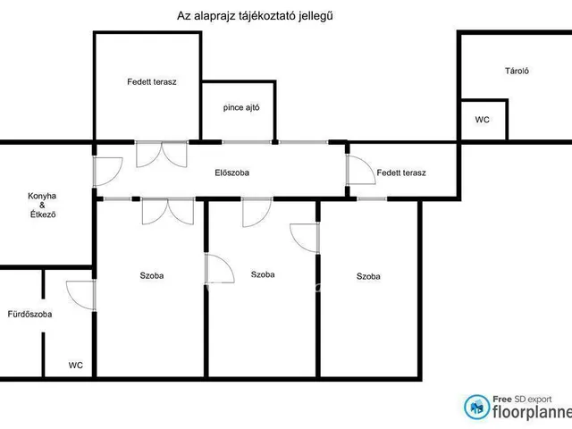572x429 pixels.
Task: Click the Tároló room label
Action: [x=517, y=71]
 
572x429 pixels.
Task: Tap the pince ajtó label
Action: [x=241, y=107]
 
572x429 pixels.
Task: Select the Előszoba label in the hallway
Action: [x=232, y=172]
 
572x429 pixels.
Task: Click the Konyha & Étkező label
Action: [x=42, y=205]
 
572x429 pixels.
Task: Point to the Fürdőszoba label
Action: [x=29, y=314]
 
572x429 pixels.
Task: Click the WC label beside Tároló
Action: [x=482, y=120]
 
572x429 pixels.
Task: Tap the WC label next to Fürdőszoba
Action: [x=75, y=366]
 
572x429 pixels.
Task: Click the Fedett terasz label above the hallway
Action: [x=152, y=81]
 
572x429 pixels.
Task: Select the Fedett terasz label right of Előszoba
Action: [x=401, y=172]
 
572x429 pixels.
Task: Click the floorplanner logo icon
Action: [x=476, y=407]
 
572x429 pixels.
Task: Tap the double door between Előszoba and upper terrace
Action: [x=162, y=154]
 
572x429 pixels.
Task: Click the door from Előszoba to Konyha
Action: [x=107, y=172]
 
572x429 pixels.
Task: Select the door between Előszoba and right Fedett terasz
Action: [x=361, y=170]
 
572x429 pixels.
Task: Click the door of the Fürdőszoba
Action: [x=81, y=296]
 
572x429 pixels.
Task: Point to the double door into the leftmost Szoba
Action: [x=168, y=211]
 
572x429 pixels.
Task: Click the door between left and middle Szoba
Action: [x=220, y=268]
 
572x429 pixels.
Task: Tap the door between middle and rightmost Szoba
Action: [x=305, y=239]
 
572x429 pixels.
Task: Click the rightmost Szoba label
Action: [x=368, y=276]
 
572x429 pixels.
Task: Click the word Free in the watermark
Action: [x=502, y=400]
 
